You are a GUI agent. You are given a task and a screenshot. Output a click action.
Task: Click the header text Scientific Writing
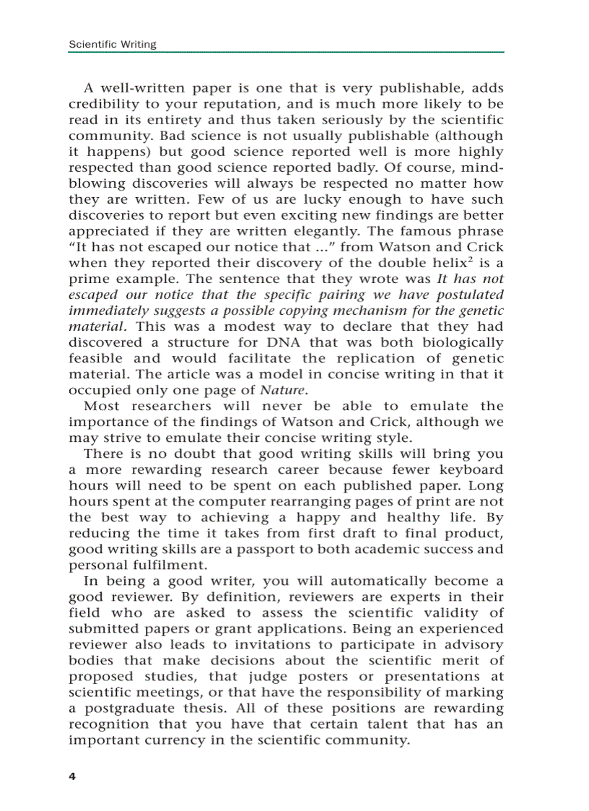point(112,45)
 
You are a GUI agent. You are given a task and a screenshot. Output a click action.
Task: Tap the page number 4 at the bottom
point(72,776)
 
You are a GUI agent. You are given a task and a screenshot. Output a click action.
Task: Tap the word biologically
point(456,343)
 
